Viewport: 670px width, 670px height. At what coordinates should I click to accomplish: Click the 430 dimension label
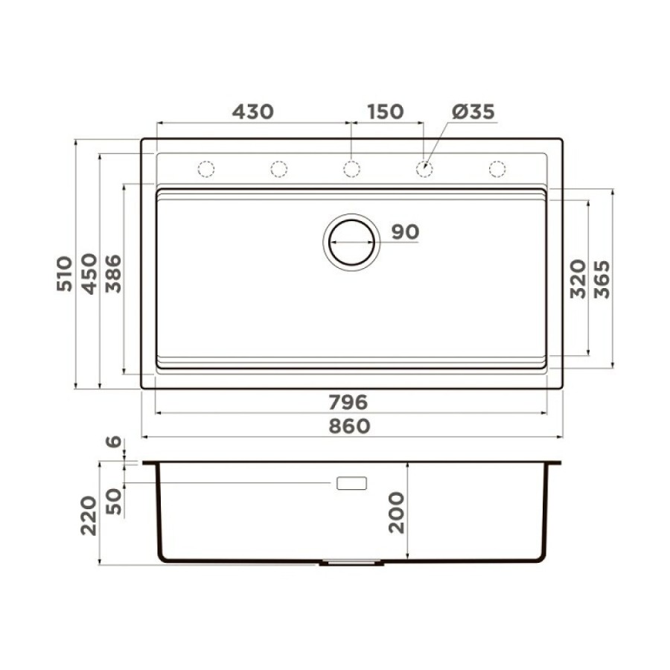[252, 112]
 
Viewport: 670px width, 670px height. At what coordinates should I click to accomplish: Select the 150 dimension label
[386, 112]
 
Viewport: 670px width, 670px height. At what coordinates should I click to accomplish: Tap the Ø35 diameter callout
[473, 112]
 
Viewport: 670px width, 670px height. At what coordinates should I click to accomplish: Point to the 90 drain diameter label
[405, 232]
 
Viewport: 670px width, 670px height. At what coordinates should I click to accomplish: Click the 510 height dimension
[65, 273]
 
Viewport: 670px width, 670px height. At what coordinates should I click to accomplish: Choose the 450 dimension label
[89, 274]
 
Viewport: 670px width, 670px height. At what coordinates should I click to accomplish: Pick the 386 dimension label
[113, 273]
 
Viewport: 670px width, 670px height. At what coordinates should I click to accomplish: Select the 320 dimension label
[578, 278]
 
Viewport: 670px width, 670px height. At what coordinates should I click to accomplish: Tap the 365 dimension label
[602, 279]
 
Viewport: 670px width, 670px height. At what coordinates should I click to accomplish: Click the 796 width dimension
[348, 402]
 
